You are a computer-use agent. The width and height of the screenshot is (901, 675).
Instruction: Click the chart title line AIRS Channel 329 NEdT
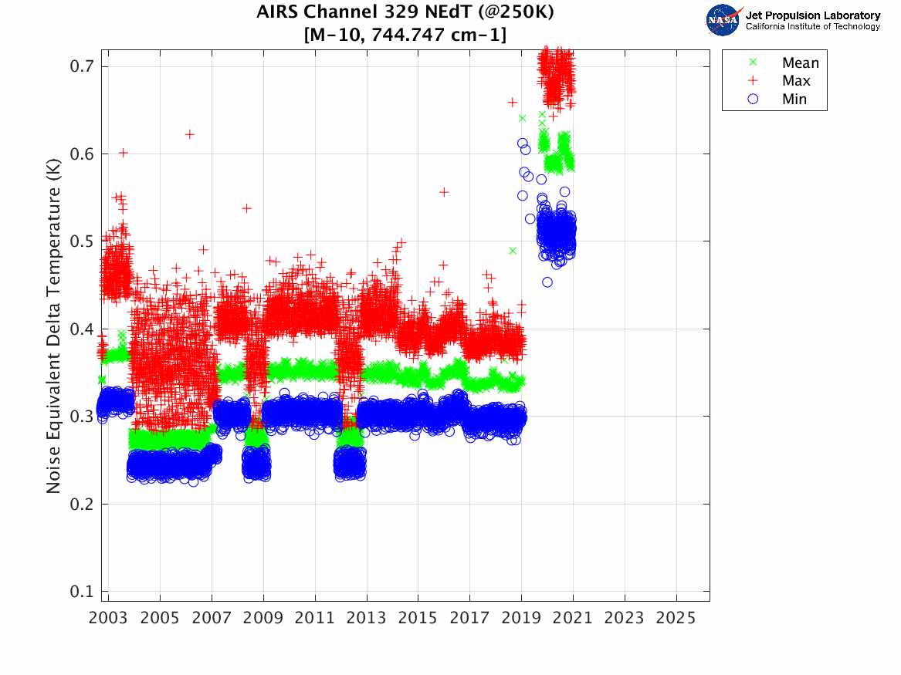(x=405, y=12)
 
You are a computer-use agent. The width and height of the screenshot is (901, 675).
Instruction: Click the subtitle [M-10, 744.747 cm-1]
(x=405, y=35)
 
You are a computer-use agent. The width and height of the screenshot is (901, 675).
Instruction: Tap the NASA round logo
(x=723, y=20)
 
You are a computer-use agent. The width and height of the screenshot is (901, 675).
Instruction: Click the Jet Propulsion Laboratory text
(x=812, y=15)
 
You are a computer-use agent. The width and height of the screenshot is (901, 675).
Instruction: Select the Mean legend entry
(x=800, y=63)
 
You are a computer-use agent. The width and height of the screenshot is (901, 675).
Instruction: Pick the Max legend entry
(x=795, y=81)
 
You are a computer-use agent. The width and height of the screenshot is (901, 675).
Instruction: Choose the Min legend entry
(x=794, y=99)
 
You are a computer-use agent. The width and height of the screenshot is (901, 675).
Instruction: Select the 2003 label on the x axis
(x=108, y=618)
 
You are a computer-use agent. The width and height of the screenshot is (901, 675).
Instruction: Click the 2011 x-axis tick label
(x=315, y=618)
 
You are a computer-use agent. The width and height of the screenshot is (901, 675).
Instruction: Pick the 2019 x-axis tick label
(x=521, y=618)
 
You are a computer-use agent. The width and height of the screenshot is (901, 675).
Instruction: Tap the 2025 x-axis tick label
(x=676, y=618)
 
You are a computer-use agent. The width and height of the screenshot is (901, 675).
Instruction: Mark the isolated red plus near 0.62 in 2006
(x=190, y=134)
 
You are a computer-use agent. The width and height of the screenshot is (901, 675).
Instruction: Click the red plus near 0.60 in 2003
(x=124, y=153)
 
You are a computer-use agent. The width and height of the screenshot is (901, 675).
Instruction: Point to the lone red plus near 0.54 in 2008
(x=246, y=208)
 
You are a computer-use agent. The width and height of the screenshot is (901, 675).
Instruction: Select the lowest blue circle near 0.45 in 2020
(x=547, y=282)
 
